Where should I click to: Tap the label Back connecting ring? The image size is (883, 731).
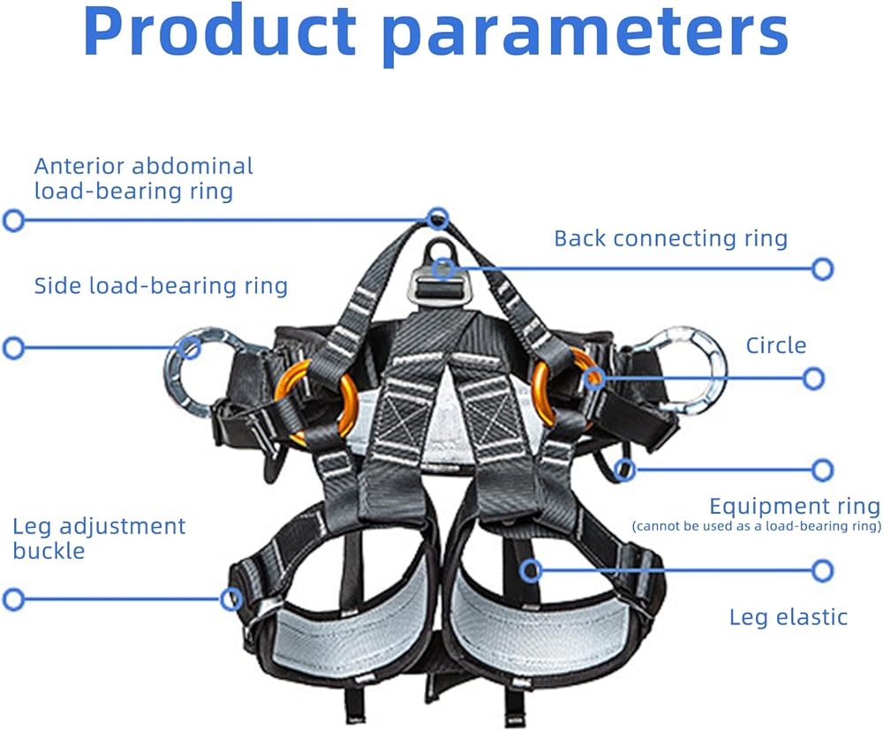670,238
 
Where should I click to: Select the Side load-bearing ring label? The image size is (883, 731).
161,286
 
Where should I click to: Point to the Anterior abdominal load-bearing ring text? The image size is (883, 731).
143,178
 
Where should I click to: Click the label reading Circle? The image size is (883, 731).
776,345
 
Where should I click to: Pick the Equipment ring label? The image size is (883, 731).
795,507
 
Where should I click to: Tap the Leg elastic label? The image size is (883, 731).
788,617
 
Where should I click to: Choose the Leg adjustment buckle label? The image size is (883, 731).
99,539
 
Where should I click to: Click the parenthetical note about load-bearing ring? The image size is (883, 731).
757,527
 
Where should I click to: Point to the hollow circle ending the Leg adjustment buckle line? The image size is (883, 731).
12,599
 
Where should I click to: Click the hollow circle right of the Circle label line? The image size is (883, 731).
814,379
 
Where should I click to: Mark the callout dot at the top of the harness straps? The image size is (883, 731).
438,217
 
